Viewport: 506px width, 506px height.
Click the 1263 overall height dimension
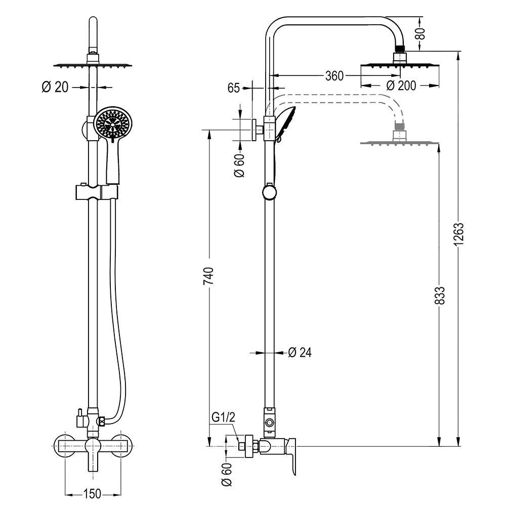tap(459, 235)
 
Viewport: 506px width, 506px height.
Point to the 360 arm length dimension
tap(334, 76)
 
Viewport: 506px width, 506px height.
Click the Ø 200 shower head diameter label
tap(401, 86)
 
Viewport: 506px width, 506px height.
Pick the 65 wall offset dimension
tap(233, 88)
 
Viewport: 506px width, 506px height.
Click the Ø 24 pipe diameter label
tap(300, 353)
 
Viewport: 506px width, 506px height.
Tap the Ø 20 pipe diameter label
tap(55, 87)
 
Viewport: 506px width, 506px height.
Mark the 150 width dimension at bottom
tap(92, 492)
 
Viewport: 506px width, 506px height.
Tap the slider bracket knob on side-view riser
tap(269, 192)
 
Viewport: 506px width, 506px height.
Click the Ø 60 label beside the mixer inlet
tap(227, 475)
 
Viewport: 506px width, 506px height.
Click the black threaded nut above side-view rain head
tap(400, 50)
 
